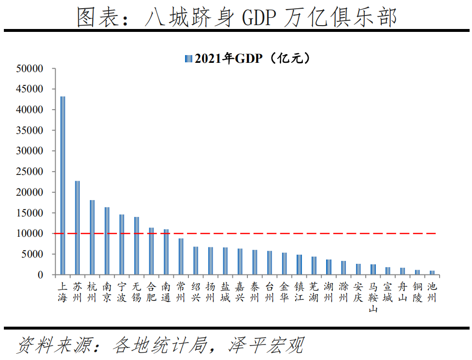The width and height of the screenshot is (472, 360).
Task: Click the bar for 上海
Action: (x=63, y=186)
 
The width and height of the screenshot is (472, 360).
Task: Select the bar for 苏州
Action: (x=77, y=228)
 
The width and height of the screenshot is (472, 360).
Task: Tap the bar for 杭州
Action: (x=92, y=237)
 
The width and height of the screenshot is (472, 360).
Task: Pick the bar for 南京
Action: (x=107, y=241)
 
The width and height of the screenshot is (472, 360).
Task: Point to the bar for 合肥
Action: (x=151, y=251)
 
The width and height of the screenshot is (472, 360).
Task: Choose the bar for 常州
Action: (x=181, y=257)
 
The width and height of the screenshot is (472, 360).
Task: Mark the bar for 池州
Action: (x=432, y=273)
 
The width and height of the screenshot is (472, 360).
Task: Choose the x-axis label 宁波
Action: (x=122, y=292)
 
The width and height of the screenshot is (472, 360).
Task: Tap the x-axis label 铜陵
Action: (x=417, y=292)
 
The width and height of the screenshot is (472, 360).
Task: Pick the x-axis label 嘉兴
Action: (x=240, y=292)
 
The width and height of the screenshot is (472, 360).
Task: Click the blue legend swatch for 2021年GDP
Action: (x=188, y=59)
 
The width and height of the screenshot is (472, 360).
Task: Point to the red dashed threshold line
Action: (x=290, y=233)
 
